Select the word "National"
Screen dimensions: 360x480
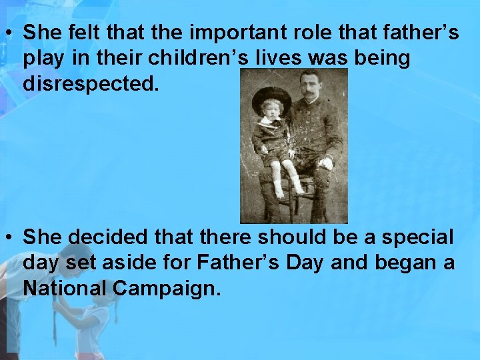pos(64,289)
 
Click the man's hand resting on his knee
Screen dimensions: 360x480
pos(327,161)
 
